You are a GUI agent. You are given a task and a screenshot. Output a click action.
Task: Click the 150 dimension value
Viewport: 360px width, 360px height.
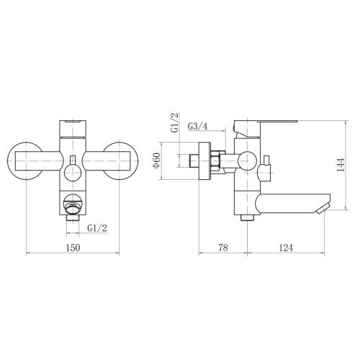tap(73, 248)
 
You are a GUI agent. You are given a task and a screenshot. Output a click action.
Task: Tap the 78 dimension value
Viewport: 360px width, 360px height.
tap(223, 248)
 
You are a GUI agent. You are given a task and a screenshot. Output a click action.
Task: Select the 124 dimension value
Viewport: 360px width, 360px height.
tap(286, 248)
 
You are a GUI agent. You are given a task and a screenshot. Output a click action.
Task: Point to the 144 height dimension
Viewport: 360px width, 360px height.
tap(341, 165)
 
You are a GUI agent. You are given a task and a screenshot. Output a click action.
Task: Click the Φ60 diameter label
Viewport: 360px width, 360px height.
tap(156, 161)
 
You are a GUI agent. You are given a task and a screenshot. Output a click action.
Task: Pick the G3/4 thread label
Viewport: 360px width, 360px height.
tap(197, 126)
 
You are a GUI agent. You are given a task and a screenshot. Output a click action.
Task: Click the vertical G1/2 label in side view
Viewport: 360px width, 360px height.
tap(174, 122)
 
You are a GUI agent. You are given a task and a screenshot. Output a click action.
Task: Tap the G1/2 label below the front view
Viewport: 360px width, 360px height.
tap(97, 228)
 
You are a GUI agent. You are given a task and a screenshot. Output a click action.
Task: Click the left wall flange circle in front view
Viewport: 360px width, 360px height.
tap(9, 161)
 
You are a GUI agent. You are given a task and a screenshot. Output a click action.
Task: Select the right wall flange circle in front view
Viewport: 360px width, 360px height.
tap(137, 161)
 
